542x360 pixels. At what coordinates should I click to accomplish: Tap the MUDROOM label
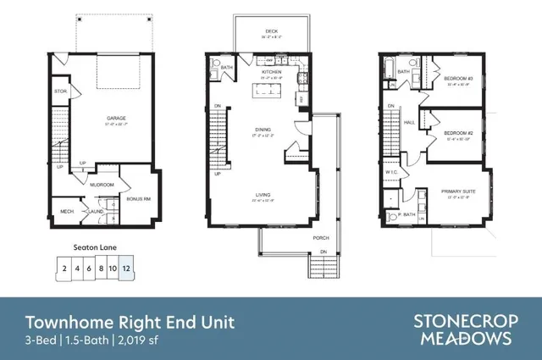102,184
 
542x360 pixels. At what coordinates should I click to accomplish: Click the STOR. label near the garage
60,91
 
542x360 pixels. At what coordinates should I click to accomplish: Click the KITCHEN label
271,72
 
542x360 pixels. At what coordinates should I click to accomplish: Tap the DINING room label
263,130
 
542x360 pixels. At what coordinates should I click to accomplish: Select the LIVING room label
263,196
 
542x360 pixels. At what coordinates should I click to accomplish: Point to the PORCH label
321,238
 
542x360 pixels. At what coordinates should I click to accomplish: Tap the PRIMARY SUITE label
457,191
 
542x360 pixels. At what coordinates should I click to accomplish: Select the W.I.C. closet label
392,172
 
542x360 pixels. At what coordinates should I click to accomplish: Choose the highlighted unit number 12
126,269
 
